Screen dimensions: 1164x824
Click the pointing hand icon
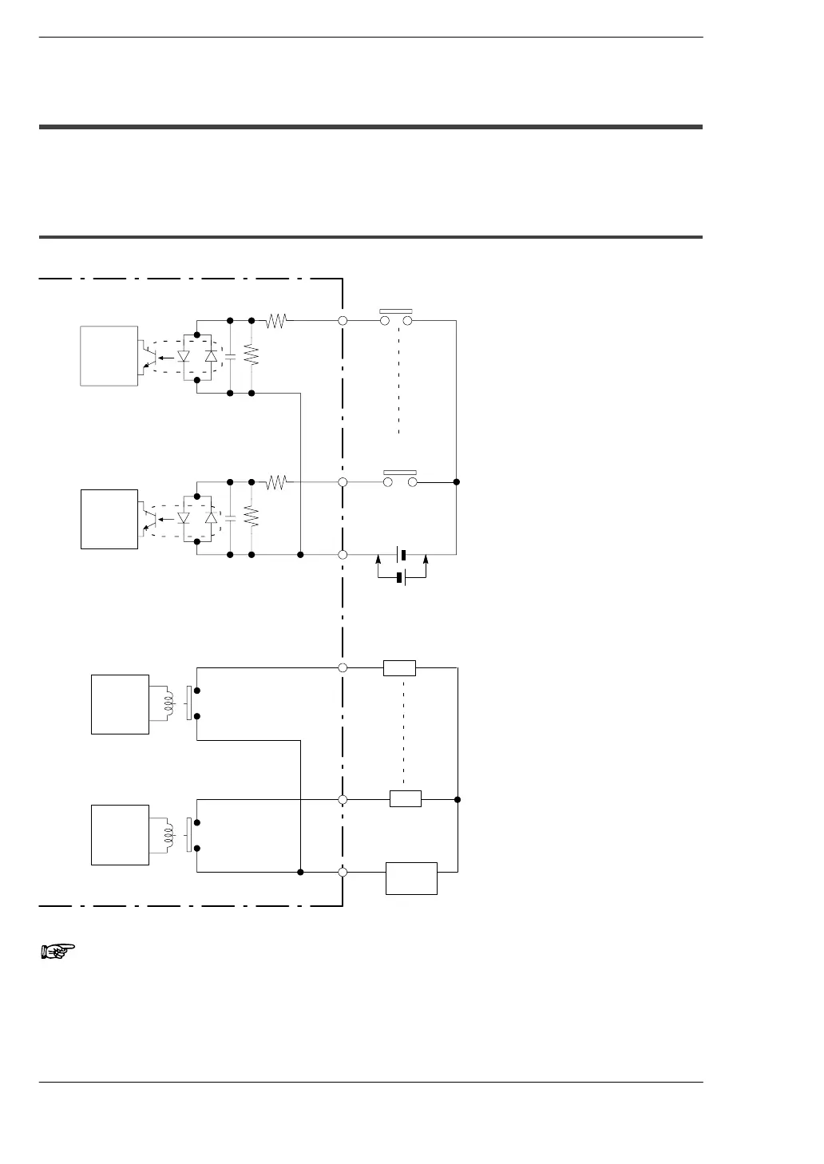[57, 950]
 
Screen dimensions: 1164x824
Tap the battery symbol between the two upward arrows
[400, 577]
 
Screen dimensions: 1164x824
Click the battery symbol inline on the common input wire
[404, 554]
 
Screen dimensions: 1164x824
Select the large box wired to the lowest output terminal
[411, 878]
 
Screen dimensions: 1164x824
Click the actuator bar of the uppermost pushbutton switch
[395, 311]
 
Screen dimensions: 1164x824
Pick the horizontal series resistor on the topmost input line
[276, 321]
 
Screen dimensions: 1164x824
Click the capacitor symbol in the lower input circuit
[230, 517]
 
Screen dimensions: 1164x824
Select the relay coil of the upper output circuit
[168, 703]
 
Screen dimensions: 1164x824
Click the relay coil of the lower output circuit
[168, 835]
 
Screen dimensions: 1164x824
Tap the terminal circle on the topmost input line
[343, 321]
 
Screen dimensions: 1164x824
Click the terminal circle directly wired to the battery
[343, 554]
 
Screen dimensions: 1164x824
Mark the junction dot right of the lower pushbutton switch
[456, 482]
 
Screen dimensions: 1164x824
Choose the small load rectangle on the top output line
[399, 667]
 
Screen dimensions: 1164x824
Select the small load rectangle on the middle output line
[405, 798]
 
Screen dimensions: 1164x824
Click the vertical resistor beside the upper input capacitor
[252, 355]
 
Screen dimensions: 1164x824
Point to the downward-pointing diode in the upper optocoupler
[184, 357]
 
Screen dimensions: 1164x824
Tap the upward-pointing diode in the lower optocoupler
[211, 517]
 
